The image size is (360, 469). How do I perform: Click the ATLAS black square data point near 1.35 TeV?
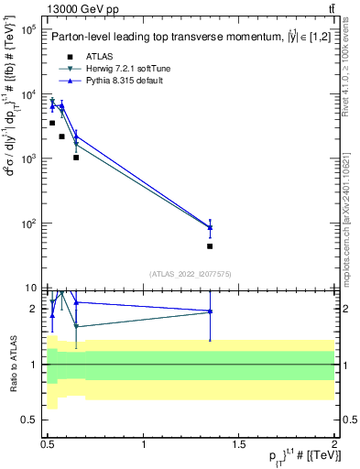[210, 245]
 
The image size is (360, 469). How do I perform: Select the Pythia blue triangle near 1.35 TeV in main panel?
[210, 227]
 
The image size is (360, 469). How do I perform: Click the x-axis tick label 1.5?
[239, 444]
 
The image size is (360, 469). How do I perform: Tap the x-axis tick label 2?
[334, 444]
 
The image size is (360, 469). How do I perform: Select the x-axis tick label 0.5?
[49, 444]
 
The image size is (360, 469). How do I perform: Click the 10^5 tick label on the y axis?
[29, 29]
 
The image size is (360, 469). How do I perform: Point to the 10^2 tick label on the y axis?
[29, 224]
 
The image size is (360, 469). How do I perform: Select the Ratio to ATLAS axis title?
[12, 365]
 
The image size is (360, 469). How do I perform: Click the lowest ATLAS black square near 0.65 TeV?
[76, 158]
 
